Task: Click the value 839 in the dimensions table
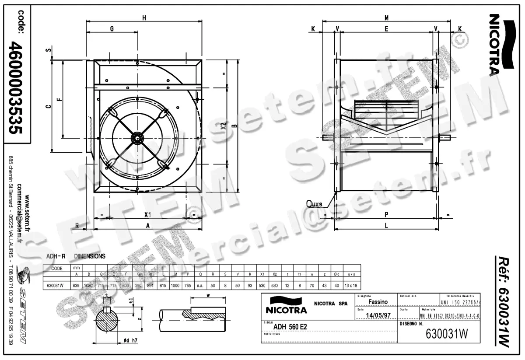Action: [76, 285]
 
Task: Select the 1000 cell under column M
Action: [175, 285]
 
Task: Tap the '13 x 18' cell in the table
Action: [351, 285]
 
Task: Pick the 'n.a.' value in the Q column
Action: [200, 285]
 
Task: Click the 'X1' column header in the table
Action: [262, 274]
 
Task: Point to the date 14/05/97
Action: [377, 315]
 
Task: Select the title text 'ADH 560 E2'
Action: [290, 326]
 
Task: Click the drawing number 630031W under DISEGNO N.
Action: [447, 334]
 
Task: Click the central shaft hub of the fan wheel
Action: [137, 138]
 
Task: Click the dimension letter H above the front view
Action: [144, 17]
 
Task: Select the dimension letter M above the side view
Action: [386, 17]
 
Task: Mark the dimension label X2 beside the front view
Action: [223, 126]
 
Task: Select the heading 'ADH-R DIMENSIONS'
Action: [75, 256]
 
